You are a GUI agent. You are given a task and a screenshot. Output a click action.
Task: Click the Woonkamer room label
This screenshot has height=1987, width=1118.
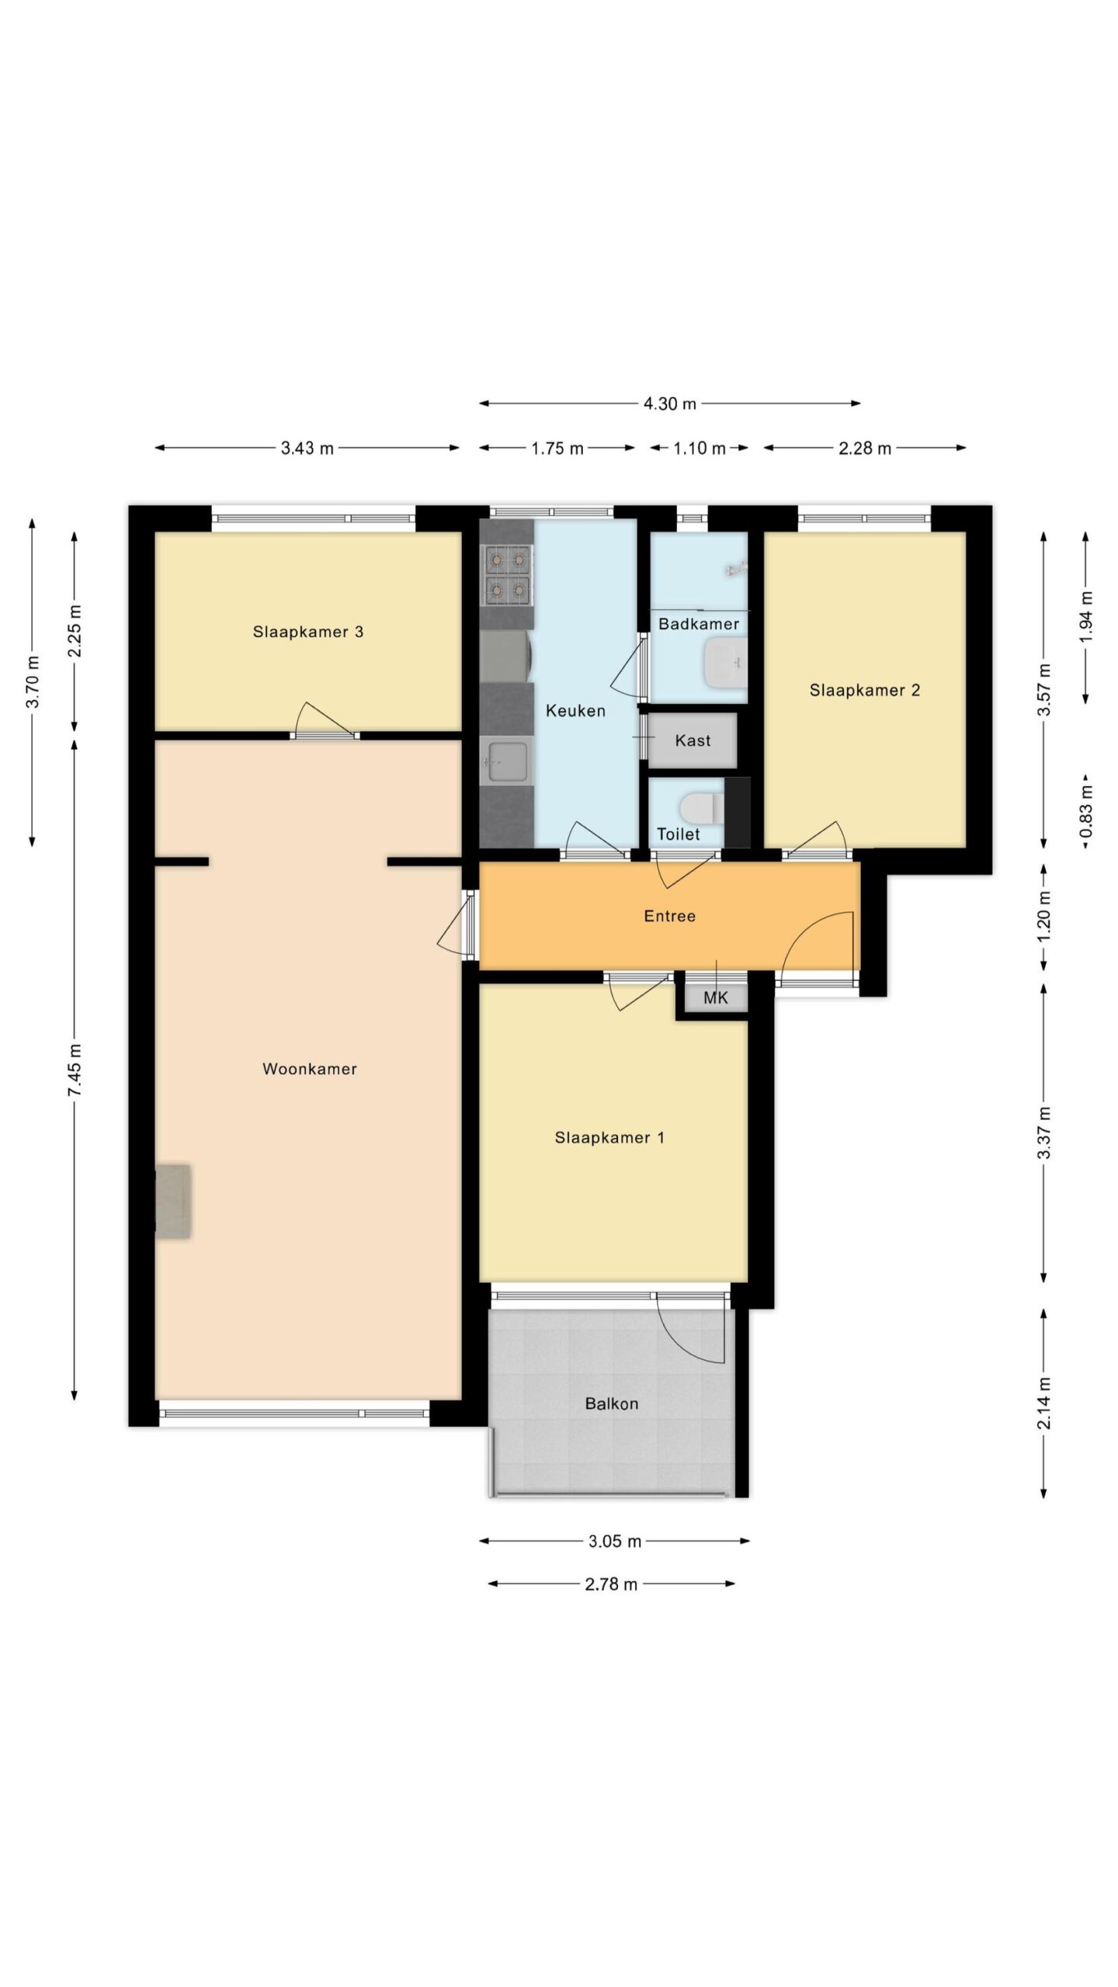coord(309,1069)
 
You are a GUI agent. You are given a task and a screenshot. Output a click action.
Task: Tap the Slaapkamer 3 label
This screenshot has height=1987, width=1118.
coord(308,632)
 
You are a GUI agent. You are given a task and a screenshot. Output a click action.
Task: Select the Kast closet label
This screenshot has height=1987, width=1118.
coord(693,740)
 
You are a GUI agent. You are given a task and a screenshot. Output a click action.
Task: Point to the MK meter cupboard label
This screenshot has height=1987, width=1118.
coord(716,997)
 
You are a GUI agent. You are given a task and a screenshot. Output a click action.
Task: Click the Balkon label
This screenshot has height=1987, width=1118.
coord(612,1403)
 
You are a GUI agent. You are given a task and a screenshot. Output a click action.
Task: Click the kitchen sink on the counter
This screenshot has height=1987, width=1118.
coord(506,761)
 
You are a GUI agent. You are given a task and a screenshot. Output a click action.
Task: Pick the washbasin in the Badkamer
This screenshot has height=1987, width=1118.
coord(725,663)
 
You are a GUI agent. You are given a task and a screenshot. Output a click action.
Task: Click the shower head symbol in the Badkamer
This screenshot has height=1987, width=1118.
coord(736,569)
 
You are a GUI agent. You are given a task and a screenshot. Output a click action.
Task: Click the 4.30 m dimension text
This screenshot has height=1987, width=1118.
coord(670,404)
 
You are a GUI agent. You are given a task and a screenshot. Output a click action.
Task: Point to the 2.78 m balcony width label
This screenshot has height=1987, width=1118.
coord(611,1584)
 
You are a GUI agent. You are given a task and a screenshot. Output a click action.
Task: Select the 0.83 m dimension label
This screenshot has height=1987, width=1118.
coord(1086,811)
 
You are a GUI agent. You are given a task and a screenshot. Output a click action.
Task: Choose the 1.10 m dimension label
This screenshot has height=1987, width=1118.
coord(700,448)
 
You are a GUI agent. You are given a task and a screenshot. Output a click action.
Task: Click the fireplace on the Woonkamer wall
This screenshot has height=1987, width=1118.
coord(173,1201)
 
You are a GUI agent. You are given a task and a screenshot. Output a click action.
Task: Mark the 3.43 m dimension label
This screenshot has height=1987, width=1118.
coord(307,448)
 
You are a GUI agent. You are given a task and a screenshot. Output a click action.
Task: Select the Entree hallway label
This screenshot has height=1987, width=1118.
coord(669,916)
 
